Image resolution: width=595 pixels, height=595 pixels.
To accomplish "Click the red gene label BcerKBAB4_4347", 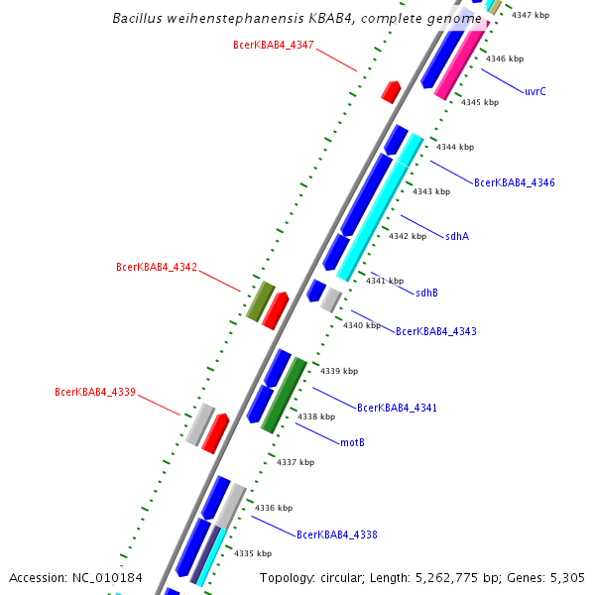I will (274, 45).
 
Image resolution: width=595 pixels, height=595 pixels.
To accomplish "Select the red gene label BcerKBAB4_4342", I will (157, 267).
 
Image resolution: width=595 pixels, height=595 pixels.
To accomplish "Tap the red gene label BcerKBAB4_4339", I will (95, 392).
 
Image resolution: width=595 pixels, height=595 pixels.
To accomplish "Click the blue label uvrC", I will (535, 91).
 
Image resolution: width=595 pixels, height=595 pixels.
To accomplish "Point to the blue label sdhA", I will (457, 236).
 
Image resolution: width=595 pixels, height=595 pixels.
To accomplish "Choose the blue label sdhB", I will (426, 293).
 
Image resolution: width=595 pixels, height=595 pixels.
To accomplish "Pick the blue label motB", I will (352, 441).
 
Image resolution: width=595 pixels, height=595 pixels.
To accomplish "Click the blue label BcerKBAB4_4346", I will (515, 182).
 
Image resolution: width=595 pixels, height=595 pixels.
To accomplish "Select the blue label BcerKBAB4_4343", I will (436, 330).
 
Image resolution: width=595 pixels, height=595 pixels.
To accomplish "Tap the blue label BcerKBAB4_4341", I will (397, 408).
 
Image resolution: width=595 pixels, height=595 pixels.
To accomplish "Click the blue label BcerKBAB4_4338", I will (337, 535).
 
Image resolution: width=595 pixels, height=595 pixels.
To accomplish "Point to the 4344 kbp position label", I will (455, 147).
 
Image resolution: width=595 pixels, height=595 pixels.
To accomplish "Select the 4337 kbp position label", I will (296, 462).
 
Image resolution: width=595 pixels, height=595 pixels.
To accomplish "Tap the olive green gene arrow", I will (260, 299).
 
